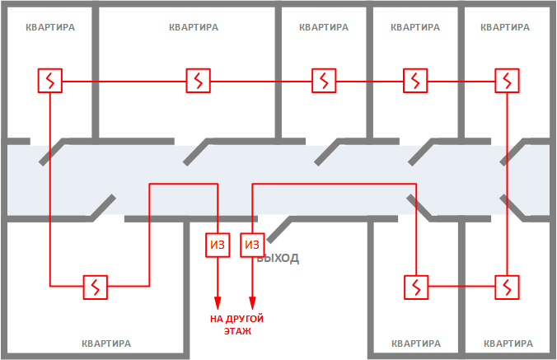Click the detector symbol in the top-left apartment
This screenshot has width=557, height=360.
tap(51, 81)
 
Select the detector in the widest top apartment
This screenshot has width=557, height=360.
tap(199, 81)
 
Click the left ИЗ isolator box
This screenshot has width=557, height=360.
tap(217, 245)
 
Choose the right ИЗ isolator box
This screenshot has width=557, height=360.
tap(252, 245)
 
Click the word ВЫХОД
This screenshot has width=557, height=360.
tap(278, 259)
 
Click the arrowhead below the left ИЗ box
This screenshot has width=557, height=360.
tap(217, 302)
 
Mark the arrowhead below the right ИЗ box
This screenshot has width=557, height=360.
tap(252, 302)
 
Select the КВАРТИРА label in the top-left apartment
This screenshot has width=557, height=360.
tap(50, 26)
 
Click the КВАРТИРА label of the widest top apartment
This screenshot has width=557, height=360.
tap(194, 26)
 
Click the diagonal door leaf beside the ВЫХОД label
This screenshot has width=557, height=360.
tap(279, 231)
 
